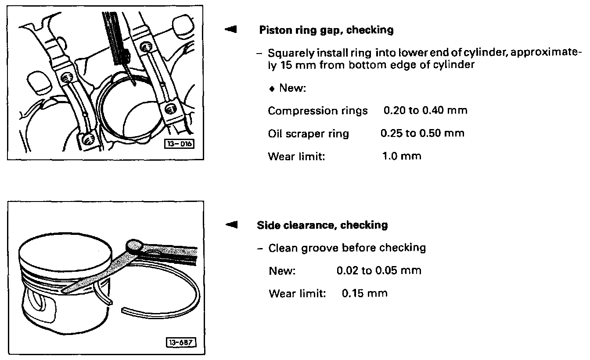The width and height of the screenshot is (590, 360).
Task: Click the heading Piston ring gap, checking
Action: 326,30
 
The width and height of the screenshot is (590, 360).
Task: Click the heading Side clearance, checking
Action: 322,225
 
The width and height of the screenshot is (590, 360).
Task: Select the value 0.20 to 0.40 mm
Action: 425,110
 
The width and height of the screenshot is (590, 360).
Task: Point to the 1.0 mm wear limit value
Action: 402,155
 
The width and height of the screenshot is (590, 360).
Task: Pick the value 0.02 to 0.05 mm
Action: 379,270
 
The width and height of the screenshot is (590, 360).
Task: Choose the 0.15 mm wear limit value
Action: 365,293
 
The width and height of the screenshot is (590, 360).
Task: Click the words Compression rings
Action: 318,111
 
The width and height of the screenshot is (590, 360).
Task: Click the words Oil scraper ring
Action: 308,133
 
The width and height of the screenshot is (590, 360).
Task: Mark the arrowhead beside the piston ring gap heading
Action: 230,30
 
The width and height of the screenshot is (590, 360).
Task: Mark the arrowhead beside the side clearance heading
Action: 230,225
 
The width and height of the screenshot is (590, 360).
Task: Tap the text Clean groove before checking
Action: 347,248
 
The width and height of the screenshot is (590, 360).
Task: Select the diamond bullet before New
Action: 272,88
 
